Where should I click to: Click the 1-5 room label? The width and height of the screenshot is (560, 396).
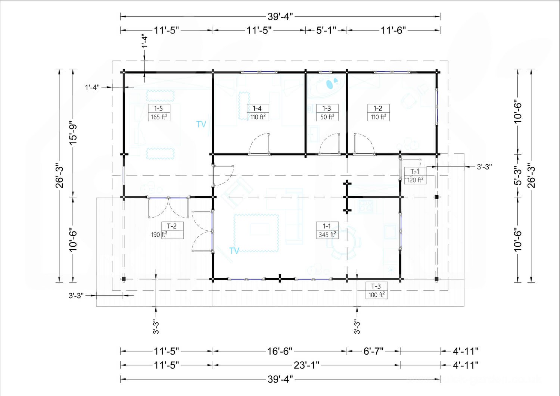pyautogui.click(x=159, y=109)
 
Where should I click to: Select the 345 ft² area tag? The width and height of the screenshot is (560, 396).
pyautogui.click(x=327, y=235)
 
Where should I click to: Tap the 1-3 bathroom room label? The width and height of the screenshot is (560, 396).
pyautogui.click(x=327, y=109)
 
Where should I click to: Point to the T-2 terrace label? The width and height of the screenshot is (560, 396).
pyautogui.click(x=172, y=226)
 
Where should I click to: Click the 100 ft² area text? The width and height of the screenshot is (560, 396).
pyautogui.click(x=376, y=295)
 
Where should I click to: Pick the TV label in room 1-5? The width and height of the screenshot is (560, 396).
pyautogui.click(x=201, y=124)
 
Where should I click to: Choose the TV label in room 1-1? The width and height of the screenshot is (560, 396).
pyautogui.click(x=234, y=250)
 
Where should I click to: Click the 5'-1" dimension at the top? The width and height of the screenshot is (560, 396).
pyautogui.click(x=326, y=31)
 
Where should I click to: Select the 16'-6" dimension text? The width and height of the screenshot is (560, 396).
pyautogui.click(x=280, y=351)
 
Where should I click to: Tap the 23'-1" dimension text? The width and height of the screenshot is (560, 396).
pyautogui.click(x=307, y=365)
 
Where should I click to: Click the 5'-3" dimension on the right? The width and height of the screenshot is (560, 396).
pyautogui.click(x=519, y=175)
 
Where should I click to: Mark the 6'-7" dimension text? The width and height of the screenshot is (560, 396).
pyautogui.click(x=373, y=351)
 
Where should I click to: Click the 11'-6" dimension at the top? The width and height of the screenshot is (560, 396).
pyautogui.click(x=393, y=31)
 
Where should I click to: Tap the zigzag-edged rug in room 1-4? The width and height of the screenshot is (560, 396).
pyautogui.click(x=244, y=106)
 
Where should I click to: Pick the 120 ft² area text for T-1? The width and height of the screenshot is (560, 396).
pyautogui.click(x=415, y=180)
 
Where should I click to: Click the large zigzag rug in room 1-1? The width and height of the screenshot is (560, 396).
pyautogui.click(x=256, y=233)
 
